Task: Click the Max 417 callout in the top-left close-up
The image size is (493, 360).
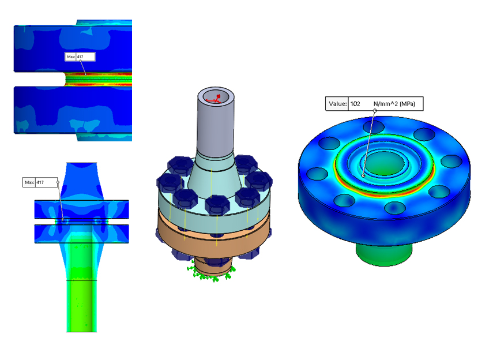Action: pos(80,57)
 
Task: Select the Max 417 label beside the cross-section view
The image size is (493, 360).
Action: pos(40,182)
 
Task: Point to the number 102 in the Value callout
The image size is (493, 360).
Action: pos(355,104)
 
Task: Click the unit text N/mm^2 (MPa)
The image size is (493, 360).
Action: pos(394,104)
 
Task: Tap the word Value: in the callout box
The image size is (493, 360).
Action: pos(338,104)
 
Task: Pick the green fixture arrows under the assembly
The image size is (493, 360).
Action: pos(211,273)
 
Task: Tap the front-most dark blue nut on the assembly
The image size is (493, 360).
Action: pos(217,205)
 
